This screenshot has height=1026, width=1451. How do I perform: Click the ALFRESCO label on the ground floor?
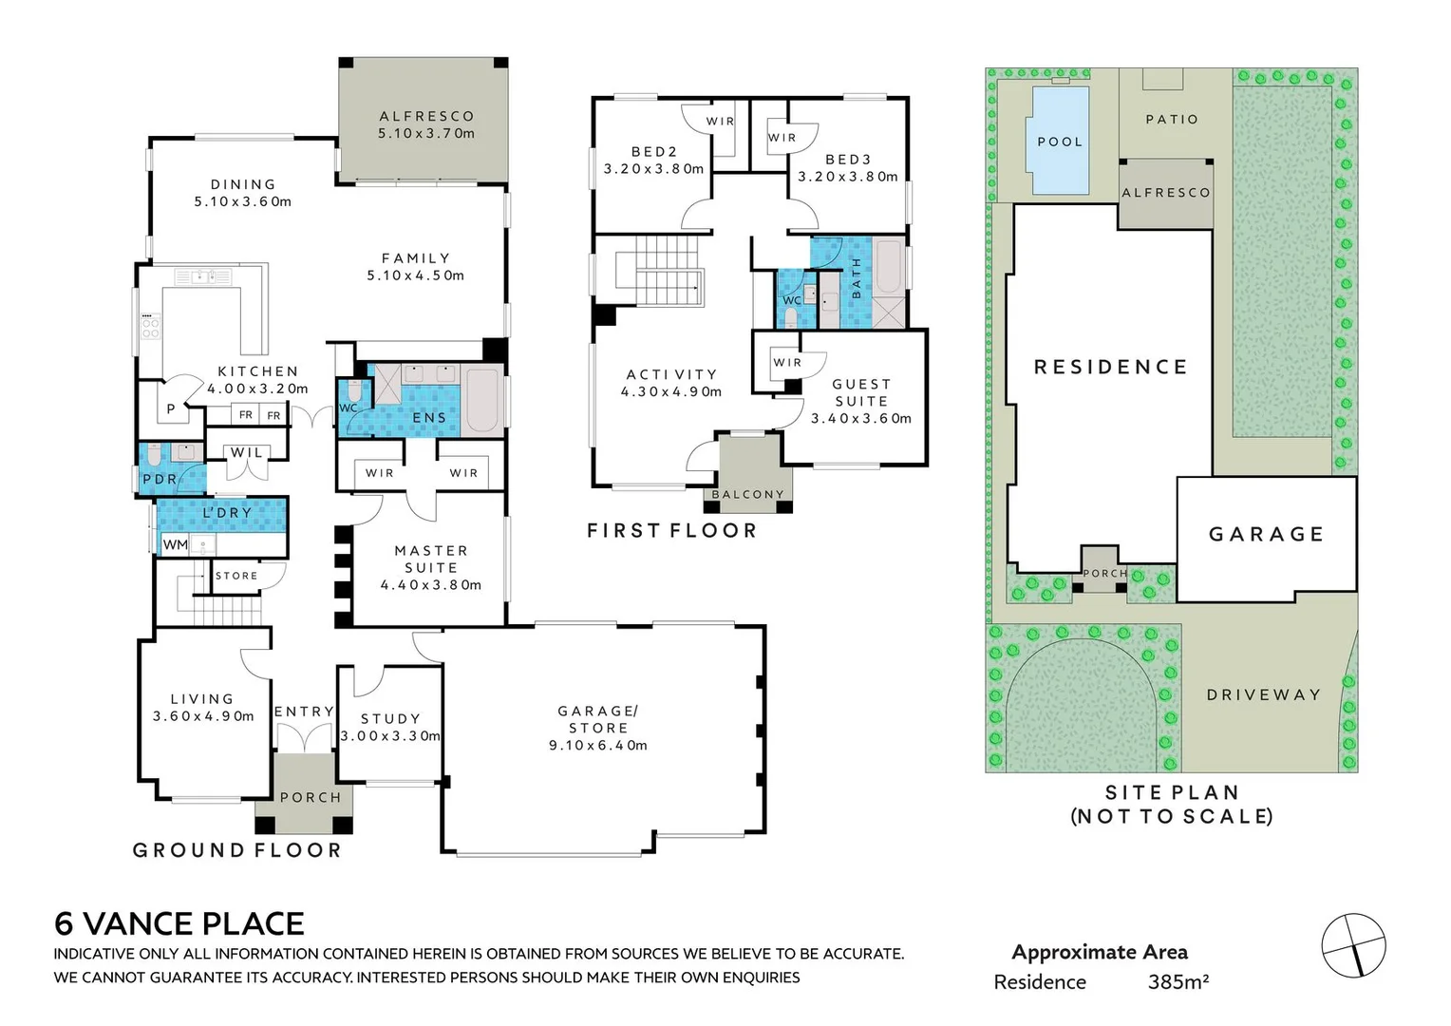(x=426, y=116)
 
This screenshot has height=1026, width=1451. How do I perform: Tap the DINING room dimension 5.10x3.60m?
(x=243, y=201)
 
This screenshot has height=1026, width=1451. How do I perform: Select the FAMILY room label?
(x=416, y=257)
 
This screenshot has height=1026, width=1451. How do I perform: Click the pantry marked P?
(x=171, y=410)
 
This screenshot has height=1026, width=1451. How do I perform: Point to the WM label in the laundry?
(x=175, y=544)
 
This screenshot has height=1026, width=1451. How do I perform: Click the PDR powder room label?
(x=160, y=480)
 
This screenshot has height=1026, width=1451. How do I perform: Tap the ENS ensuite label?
(x=429, y=417)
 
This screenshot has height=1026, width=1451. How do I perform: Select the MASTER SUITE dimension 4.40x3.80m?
(x=431, y=585)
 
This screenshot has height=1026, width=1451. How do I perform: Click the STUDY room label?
(x=390, y=719)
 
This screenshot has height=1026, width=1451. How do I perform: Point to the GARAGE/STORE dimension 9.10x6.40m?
(x=598, y=745)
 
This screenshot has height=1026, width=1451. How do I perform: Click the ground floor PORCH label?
(x=311, y=797)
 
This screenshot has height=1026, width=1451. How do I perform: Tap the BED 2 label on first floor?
(x=654, y=152)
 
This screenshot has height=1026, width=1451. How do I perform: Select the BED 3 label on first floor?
(x=848, y=160)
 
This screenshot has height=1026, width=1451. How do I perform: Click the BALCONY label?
(x=748, y=494)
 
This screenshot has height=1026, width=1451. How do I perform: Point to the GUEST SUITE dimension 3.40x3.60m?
(x=861, y=418)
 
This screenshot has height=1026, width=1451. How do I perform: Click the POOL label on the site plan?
(x=1060, y=142)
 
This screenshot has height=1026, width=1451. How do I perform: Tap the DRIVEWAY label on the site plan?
(x=1264, y=694)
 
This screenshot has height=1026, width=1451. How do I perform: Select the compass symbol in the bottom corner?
(x=1353, y=945)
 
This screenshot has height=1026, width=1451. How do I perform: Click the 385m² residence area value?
(x=1178, y=982)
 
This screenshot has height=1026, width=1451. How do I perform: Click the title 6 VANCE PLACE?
(x=179, y=923)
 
